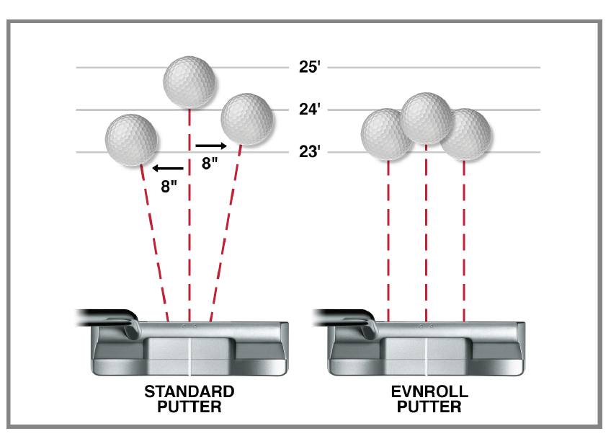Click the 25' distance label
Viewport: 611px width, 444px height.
point(309,67)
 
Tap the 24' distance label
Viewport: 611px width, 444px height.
point(309,110)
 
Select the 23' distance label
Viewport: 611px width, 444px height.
point(309,151)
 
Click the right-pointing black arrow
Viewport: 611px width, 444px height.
point(211,146)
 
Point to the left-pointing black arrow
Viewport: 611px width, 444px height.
point(168,169)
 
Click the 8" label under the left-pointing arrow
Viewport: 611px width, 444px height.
point(169,187)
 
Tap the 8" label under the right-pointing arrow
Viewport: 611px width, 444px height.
point(210,164)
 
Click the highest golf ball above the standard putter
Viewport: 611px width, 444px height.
point(189,82)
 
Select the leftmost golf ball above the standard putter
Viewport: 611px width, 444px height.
point(131,140)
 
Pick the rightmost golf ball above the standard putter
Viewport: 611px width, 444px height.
point(246,119)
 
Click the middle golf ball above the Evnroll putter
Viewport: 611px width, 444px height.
point(427,118)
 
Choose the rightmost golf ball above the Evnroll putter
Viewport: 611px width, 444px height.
point(465,135)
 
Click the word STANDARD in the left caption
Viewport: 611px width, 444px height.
point(189,391)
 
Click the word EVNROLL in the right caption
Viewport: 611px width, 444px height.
point(429,391)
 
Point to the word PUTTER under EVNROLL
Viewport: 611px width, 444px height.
point(429,407)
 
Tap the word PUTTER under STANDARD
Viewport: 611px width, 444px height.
point(189,407)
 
